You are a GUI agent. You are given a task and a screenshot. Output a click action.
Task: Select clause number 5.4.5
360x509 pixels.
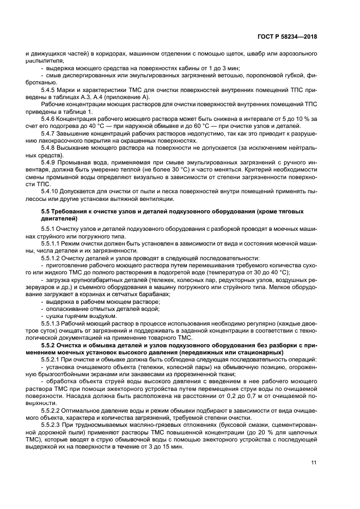pyautogui.click(x=50, y=90)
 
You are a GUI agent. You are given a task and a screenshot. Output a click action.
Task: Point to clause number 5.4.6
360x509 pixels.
pyautogui.click(x=50, y=118)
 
